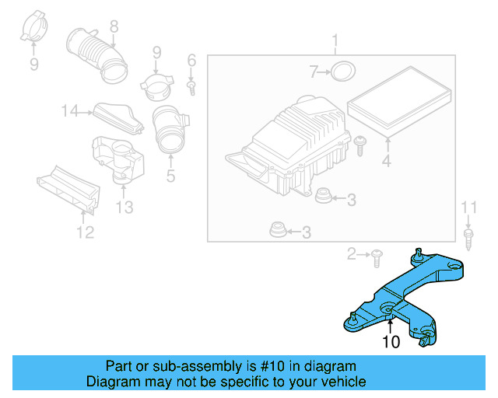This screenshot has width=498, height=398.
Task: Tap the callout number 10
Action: coord(391,341)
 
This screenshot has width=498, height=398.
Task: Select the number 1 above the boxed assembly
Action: coord(335,40)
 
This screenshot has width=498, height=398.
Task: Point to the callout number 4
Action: coord(387,162)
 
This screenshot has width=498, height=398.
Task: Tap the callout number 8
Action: coord(114,26)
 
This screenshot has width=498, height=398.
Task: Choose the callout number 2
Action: coord(352,253)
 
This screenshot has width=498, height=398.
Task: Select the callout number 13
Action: coord(124,207)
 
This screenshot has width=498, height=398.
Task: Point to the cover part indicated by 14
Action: coord(117,117)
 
